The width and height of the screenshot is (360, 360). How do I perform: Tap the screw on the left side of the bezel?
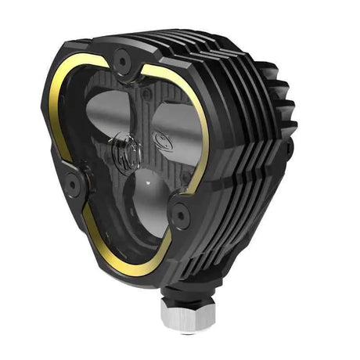[x=73, y=182]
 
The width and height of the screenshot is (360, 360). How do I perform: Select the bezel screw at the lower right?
[x=180, y=211]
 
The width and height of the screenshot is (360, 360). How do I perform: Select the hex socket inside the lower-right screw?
[x=180, y=211]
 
